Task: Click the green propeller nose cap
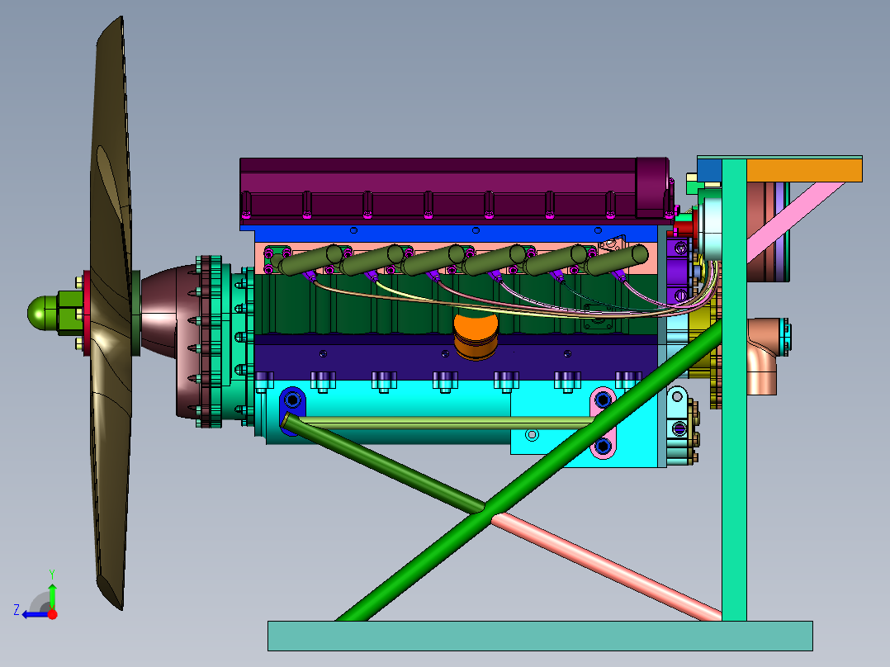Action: tap(41, 313)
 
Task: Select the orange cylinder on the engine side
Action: tap(476, 337)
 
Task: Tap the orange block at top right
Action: tap(804, 170)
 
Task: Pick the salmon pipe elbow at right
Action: tap(764, 355)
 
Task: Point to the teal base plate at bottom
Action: tap(540, 635)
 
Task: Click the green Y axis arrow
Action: tap(52, 590)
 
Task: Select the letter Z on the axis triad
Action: tap(17, 610)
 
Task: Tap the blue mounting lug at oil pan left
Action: tap(292, 409)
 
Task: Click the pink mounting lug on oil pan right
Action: tap(603, 423)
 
